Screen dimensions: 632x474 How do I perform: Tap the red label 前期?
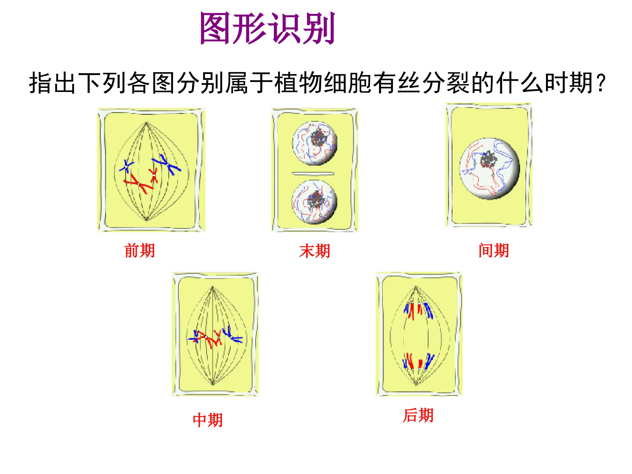(140, 251)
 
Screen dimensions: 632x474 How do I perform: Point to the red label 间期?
(494, 251)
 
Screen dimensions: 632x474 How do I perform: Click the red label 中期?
(208, 420)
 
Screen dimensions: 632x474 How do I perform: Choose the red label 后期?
(418, 415)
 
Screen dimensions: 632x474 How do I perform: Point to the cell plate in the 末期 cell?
(313, 173)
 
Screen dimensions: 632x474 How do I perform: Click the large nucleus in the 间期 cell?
(490, 169)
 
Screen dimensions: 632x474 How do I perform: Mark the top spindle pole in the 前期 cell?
(146, 123)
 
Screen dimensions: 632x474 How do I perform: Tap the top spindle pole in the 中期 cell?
(212, 287)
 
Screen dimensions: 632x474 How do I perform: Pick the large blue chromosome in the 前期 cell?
(166, 164)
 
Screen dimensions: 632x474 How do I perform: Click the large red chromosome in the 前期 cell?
(138, 183)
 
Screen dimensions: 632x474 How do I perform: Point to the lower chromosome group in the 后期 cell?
(418, 362)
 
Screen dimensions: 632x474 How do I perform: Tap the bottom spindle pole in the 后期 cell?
(416, 384)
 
